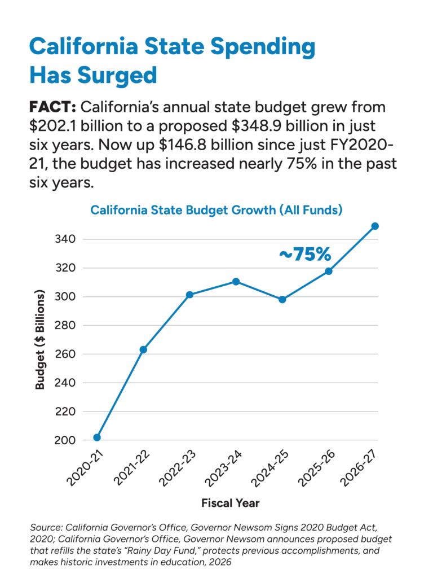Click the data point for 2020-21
97,437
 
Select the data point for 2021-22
143,350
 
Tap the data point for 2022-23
189,295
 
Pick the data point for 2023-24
236,281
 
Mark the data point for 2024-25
282,300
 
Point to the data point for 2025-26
329,271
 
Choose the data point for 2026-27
375,226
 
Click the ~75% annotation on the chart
304,255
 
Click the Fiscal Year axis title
231,502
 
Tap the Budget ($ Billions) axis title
41,340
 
